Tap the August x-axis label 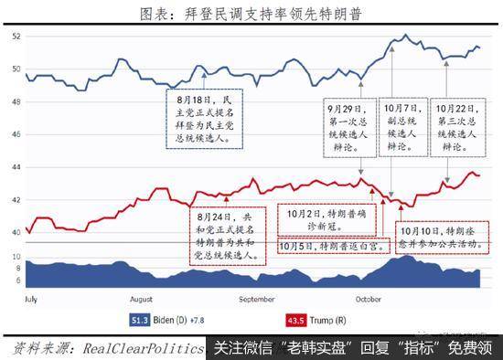[142, 299]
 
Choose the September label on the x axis [257, 299]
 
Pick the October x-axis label [369, 299]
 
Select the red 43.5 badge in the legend [296, 321]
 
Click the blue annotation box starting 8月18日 [206, 119]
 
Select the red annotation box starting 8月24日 [226, 237]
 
